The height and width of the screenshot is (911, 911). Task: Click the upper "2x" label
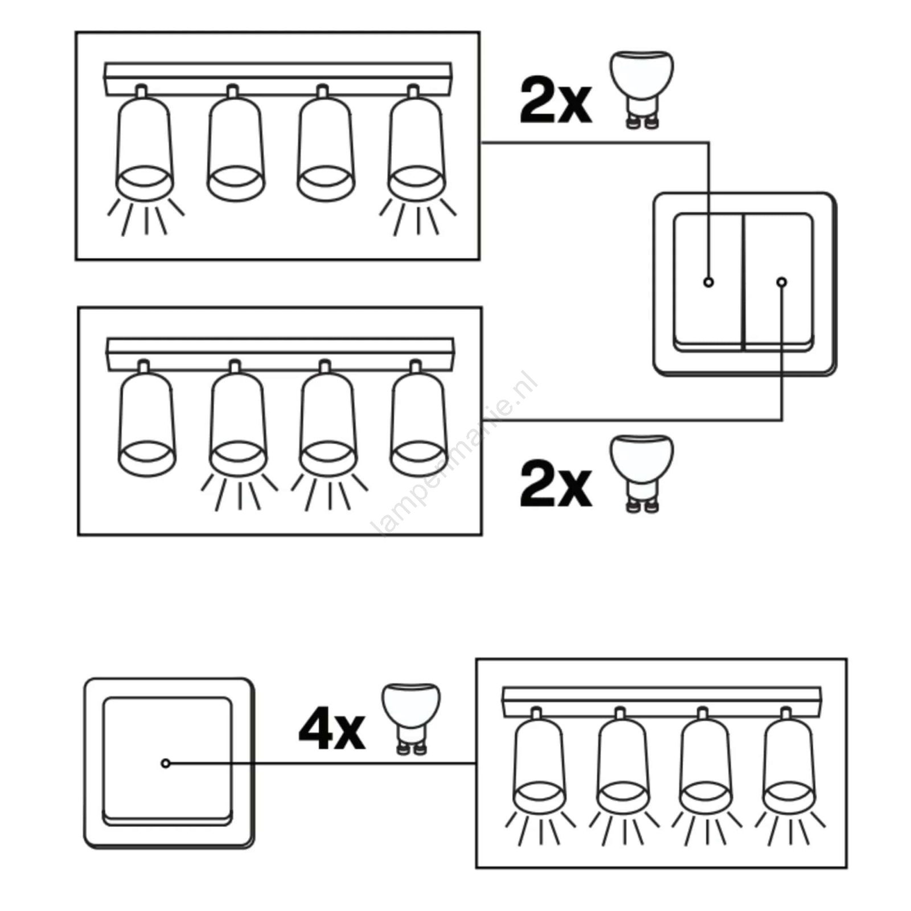click(555, 101)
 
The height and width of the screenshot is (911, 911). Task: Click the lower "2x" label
click(555, 485)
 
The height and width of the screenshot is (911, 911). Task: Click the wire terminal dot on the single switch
click(166, 763)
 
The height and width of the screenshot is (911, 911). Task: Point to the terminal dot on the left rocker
click(708, 282)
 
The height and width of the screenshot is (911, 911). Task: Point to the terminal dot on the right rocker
click(782, 282)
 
